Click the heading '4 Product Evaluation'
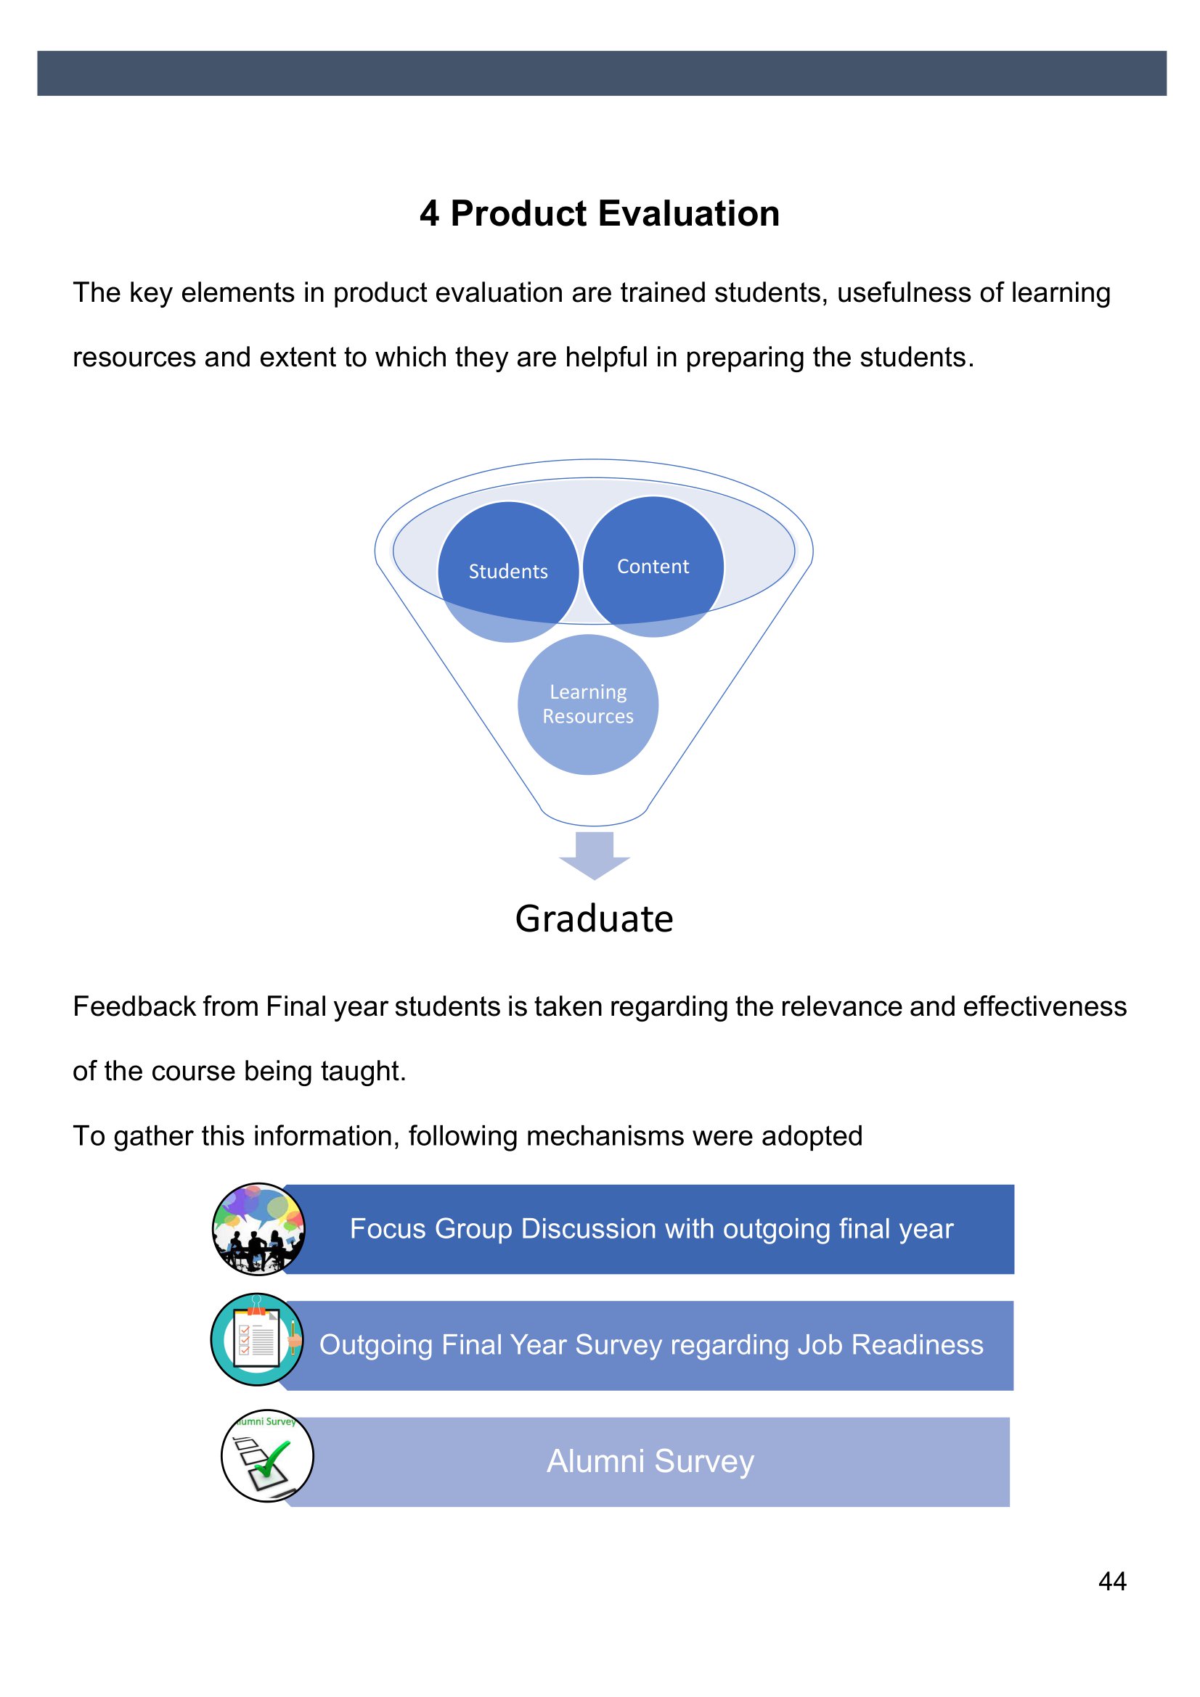tap(600, 213)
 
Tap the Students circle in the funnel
tap(508, 571)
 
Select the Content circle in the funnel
tap(653, 566)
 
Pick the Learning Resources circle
tap(588, 704)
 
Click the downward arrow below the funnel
tap(595, 855)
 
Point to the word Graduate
tap(595, 919)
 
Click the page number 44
tap(1112, 1581)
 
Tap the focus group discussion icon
tap(258, 1229)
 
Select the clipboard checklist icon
tap(257, 1339)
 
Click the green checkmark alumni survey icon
tap(268, 1455)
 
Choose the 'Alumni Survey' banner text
tap(650, 1461)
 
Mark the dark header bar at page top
tap(602, 73)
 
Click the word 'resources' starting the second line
tap(134, 358)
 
